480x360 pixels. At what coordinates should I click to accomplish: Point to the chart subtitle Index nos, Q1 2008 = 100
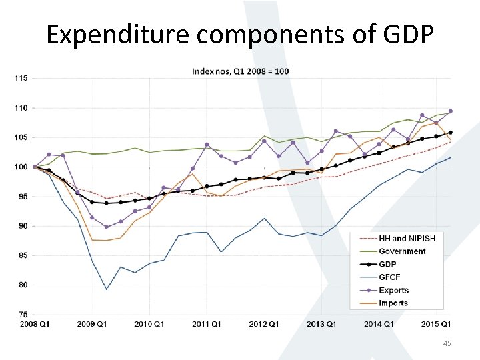pos(241,71)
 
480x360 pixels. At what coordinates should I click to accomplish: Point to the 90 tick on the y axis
pos(22,226)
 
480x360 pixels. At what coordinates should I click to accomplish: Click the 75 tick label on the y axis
pos(22,314)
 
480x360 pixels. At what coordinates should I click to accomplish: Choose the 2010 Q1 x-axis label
pos(149,324)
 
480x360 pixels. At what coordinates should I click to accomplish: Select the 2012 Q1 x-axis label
pos(264,324)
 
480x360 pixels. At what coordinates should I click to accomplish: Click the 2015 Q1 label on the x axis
pos(437,324)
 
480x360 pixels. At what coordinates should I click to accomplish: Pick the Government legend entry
pos(402,251)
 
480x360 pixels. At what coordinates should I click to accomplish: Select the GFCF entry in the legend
pos(391,277)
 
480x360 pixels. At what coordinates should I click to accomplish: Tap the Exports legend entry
pos(393,290)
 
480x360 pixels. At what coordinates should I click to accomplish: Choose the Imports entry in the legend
pos(393,303)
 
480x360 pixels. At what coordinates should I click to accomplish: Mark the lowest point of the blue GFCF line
pos(106,289)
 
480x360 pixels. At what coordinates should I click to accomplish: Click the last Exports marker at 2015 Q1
pos(451,111)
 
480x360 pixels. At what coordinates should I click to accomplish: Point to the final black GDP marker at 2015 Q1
pos(451,133)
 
